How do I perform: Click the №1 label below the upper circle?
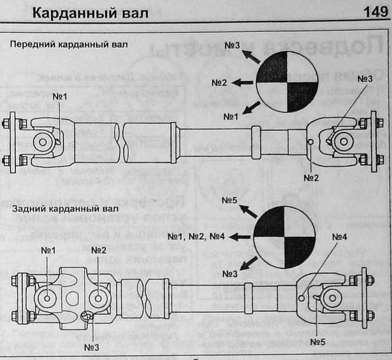(x=230, y=117)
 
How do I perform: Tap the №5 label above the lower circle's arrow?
(x=230, y=200)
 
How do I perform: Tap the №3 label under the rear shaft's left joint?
(x=92, y=347)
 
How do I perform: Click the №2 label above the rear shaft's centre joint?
(x=98, y=250)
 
